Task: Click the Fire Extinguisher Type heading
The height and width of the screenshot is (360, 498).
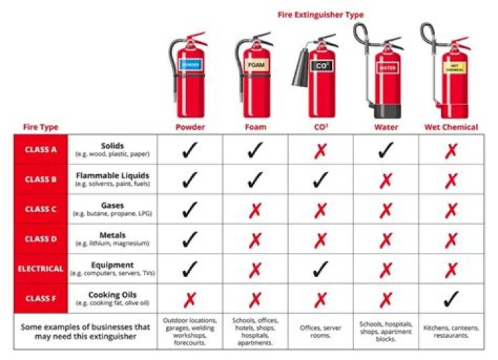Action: pos(320,15)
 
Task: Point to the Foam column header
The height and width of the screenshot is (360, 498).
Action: pos(255,127)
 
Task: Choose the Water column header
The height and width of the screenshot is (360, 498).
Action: pos(386,127)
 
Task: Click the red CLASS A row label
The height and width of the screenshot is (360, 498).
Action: pos(41,149)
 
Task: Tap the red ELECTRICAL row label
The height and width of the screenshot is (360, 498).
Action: pos(41,269)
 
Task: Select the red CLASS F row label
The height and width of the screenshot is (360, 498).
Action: pos(41,299)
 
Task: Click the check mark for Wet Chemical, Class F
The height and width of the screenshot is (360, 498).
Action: pos(452,299)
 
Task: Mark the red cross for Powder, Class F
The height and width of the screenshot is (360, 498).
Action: pos(190,299)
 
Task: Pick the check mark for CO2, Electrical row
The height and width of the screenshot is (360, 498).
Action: pos(321,269)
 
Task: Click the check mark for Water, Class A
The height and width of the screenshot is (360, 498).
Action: pos(386,149)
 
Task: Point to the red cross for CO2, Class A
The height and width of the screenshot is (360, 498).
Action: pos(321,150)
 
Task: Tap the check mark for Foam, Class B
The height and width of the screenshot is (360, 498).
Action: pos(255,179)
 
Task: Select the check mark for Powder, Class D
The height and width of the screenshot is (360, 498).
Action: pos(190,239)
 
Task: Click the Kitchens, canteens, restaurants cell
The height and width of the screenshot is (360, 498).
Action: pos(452,330)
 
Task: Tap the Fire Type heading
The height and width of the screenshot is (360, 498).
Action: pos(40,127)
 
